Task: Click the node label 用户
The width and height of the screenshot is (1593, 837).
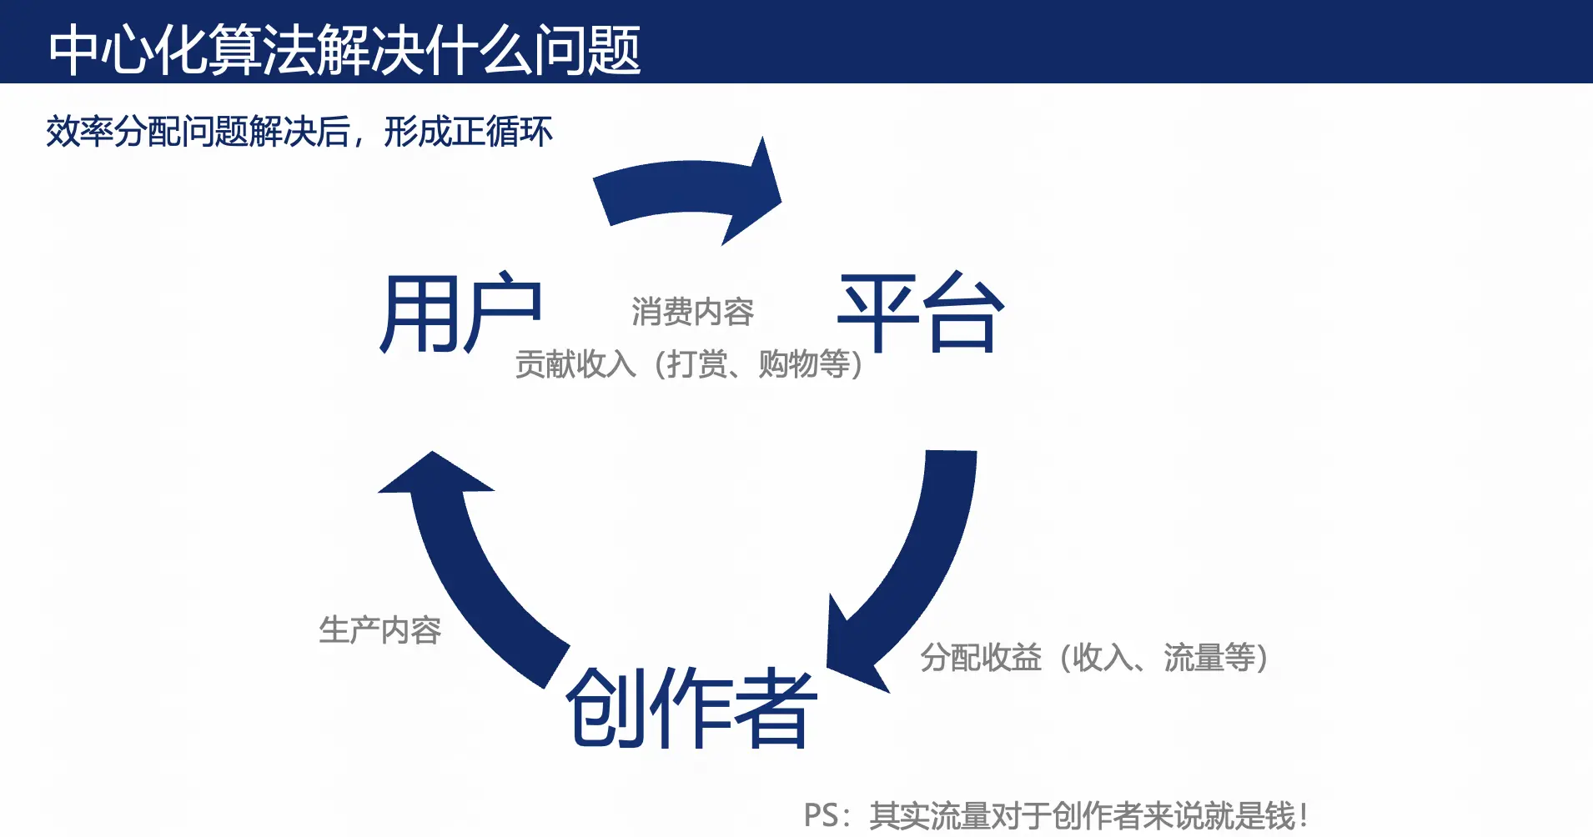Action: [x=460, y=313]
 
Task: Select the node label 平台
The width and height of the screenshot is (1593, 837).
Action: [x=920, y=313]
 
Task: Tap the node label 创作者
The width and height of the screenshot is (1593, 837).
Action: [x=691, y=708]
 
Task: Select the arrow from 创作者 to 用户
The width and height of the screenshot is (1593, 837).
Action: [x=467, y=567]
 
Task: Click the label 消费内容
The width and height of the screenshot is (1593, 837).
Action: [x=692, y=313]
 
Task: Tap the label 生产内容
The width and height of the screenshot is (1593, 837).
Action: [x=380, y=630]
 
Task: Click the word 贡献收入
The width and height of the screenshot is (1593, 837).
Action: [x=575, y=364]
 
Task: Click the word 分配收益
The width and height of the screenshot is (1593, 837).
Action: [x=981, y=658]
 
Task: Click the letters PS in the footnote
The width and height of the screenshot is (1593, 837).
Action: [x=822, y=815]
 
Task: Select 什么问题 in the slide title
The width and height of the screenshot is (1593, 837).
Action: [x=534, y=50]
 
